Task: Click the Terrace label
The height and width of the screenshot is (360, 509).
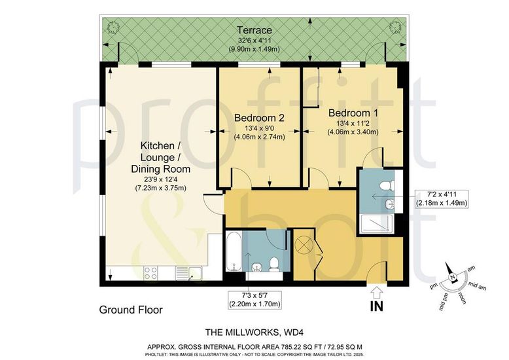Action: (254, 30)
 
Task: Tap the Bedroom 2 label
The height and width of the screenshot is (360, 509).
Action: (259, 117)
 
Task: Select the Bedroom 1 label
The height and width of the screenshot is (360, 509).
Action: (353, 113)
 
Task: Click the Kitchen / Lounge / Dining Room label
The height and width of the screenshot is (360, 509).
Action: (160, 157)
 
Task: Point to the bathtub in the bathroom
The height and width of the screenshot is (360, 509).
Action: (234, 251)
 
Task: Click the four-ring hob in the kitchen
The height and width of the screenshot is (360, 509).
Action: (150, 273)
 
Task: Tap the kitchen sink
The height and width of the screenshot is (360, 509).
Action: (189, 273)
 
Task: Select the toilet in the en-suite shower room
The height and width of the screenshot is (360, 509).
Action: (387, 186)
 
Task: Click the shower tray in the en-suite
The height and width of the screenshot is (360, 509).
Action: (377, 223)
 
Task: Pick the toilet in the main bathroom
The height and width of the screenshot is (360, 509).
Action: (274, 264)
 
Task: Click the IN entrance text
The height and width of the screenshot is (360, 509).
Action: (377, 306)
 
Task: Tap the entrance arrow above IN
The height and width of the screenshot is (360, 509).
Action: (377, 292)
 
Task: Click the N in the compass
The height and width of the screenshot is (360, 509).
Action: (452, 277)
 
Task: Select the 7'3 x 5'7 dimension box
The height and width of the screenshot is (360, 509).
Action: (254, 300)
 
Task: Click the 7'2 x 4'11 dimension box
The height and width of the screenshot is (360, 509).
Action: (442, 198)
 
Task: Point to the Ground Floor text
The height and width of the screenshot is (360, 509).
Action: (131, 310)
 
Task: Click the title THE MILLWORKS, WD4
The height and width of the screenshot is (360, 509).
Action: (254, 333)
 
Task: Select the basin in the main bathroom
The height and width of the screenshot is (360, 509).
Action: (257, 266)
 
